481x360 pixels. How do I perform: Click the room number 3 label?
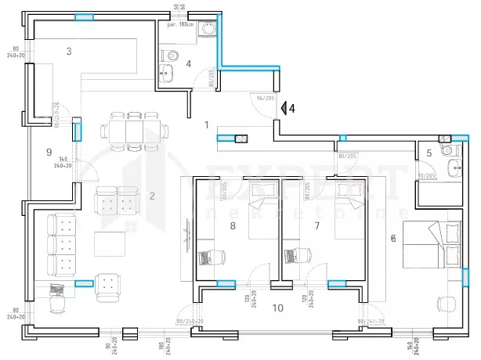(x=69, y=52)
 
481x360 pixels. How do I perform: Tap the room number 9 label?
(x=49, y=152)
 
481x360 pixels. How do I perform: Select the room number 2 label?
(x=153, y=196)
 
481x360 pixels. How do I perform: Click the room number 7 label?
(x=316, y=225)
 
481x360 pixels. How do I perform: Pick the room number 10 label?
(x=277, y=308)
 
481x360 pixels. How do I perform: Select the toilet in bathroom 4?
(x=172, y=56)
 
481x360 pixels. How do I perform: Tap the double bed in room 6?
(x=433, y=244)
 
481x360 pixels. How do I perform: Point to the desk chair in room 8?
(x=208, y=256)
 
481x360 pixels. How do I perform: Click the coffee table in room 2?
(x=109, y=244)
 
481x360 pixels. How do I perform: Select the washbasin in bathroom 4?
(x=167, y=76)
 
